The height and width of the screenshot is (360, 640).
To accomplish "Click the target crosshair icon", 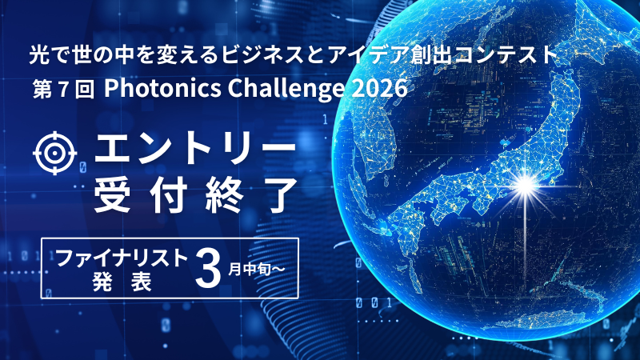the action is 54,153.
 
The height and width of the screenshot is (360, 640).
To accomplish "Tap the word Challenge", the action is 286,89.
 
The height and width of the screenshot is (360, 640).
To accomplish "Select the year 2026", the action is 378,88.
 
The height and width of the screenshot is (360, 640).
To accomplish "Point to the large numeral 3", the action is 208,269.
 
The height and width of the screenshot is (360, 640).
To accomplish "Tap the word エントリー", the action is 195,150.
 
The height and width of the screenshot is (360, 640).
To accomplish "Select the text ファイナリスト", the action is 122,258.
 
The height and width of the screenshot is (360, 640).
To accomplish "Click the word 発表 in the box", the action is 122,282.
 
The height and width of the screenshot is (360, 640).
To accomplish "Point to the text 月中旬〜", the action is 256,269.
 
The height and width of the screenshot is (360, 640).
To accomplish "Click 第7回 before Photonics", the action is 64,90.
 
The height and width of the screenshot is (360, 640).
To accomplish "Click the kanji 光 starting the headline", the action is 39,55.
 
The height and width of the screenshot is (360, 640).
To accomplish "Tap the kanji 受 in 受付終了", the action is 112,195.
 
